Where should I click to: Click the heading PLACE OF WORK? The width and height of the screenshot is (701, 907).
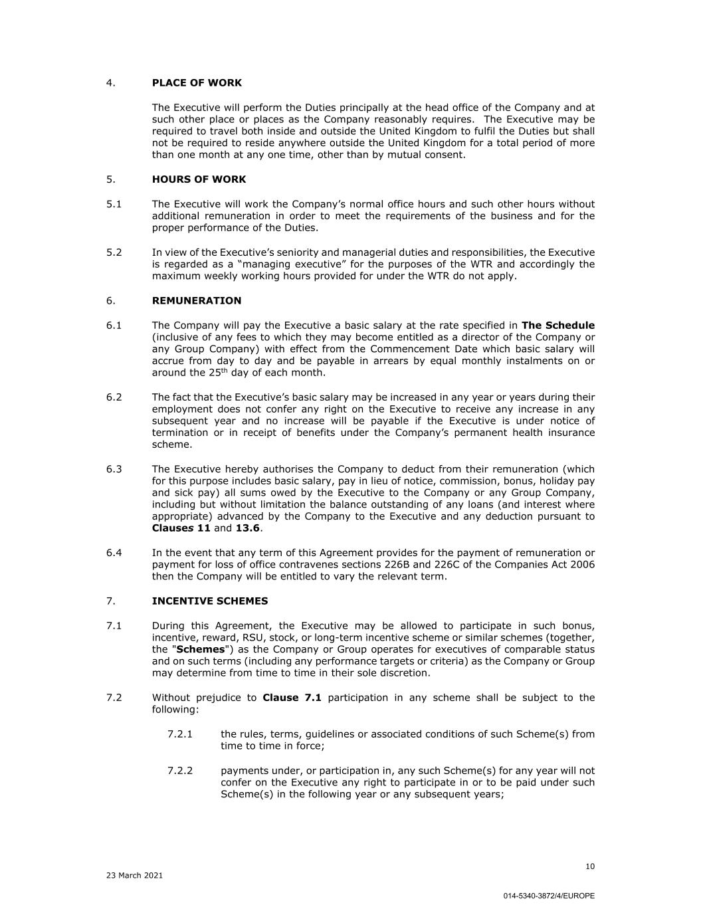tap(197, 83)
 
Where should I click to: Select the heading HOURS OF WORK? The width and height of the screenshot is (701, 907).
tap(199, 179)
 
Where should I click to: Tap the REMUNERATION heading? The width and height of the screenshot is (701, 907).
tap(197, 300)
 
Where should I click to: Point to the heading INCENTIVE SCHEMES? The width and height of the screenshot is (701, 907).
tap(210, 601)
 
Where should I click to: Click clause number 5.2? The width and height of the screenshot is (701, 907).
tap(114, 252)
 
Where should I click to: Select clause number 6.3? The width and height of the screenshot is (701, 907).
tap(114, 469)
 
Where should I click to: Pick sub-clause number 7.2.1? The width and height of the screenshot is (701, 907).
tap(180, 734)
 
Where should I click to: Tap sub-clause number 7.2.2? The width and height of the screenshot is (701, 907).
tap(180, 771)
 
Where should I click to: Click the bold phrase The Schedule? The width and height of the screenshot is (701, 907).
tap(558, 326)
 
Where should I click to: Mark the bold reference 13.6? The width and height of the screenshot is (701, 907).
tap(247, 528)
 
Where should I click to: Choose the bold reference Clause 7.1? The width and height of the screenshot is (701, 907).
tap(292, 698)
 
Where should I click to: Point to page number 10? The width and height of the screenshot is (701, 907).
tap(590, 866)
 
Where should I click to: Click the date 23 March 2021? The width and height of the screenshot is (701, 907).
tap(134, 875)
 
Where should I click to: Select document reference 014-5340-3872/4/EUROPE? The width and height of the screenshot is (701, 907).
tap(549, 896)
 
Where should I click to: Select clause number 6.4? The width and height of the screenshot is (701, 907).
tap(114, 553)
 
